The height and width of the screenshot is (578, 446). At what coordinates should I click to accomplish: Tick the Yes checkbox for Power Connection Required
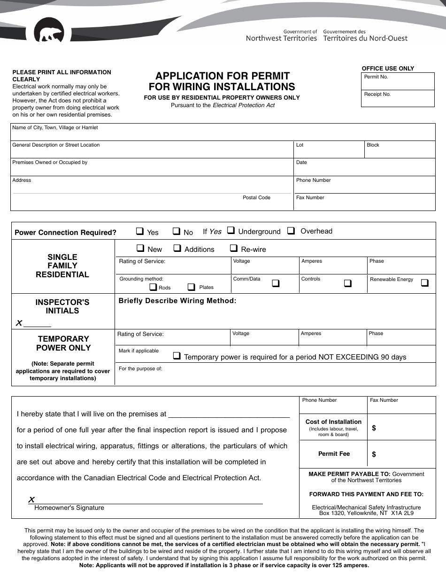tap(140, 231)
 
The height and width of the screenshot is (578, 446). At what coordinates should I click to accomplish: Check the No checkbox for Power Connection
tap(177, 231)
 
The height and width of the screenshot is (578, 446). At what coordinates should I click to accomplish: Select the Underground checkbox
tap(231, 230)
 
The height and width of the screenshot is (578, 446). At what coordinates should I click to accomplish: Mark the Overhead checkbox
tap(291, 230)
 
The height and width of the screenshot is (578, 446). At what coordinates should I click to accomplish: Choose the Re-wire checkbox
tap(233, 248)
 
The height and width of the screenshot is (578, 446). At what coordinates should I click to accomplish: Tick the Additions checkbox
tap(177, 248)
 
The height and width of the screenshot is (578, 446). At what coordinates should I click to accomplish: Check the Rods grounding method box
tap(153, 287)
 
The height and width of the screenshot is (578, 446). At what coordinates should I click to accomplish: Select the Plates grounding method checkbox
tap(192, 287)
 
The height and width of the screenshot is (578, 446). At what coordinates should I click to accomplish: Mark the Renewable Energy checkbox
tap(424, 283)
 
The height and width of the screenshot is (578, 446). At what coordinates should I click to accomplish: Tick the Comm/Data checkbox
tap(276, 283)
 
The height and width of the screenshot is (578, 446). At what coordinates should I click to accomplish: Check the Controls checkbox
tap(348, 283)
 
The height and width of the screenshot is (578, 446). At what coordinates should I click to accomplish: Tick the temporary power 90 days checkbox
tap(177, 356)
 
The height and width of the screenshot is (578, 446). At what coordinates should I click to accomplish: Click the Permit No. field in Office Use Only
tap(398, 81)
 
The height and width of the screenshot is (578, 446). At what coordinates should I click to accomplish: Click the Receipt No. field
tap(398, 98)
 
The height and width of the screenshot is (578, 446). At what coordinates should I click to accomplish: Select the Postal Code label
tap(256, 197)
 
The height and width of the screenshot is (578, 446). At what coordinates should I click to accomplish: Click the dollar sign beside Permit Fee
tap(374, 454)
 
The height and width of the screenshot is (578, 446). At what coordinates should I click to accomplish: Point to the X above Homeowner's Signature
tap(31, 500)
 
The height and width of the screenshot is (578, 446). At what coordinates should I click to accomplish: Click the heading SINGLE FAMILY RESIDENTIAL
tap(62, 266)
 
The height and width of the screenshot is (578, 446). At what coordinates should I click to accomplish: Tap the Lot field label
tap(300, 145)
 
